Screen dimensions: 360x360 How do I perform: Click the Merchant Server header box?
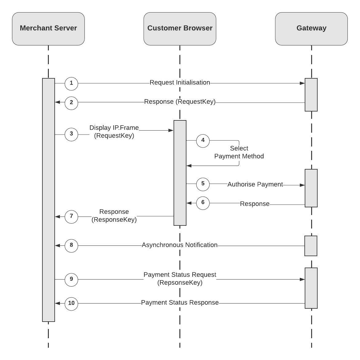coord(48,29)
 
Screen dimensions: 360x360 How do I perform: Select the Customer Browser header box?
coord(180,29)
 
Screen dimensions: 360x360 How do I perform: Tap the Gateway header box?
coord(311,29)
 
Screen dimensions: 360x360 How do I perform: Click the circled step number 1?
coord(71,83)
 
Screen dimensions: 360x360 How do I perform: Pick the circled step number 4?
coord(203,141)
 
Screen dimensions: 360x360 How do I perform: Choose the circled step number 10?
coord(71,303)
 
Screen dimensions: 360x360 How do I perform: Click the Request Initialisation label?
coord(180,83)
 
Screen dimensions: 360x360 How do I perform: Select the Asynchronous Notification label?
coord(180,245)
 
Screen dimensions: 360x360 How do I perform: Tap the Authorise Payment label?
coord(255,184)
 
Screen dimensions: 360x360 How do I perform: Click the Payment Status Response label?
coord(180,303)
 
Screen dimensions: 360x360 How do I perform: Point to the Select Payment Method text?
coord(239,152)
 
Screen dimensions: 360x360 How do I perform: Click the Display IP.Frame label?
coord(114,128)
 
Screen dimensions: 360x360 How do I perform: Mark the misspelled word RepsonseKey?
coord(180,283)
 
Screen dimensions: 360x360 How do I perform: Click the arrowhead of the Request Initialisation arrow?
coord(303,83)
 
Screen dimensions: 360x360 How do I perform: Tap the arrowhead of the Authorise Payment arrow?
coord(303,185)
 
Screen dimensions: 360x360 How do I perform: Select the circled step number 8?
coord(71,245)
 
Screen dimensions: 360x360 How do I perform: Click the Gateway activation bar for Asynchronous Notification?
coord(311,246)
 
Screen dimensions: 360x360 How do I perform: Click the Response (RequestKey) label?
coord(180,102)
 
